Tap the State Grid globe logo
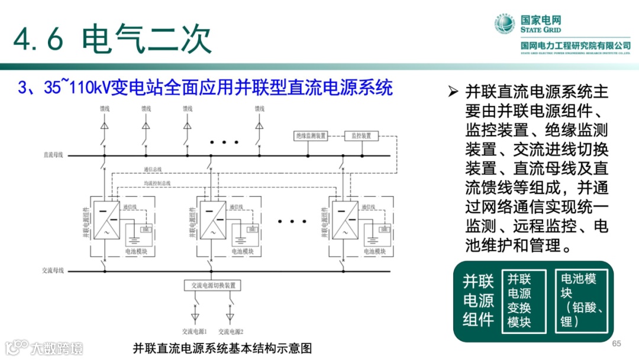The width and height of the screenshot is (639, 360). [x=505, y=25]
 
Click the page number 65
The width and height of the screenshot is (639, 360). [x=617, y=344]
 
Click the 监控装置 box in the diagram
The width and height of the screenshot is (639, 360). [x=361, y=136]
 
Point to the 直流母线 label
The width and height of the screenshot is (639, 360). [x=54, y=156]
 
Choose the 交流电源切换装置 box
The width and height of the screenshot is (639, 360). [x=213, y=285]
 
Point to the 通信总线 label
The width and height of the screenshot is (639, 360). [x=153, y=169]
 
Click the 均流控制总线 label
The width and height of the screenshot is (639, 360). [x=157, y=183]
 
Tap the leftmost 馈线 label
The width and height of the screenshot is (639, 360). [x=105, y=108]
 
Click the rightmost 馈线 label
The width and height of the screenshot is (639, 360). [x=259, y=108]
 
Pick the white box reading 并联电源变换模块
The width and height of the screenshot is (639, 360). [x=519, y=301]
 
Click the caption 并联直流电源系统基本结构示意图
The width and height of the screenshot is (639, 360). [x=222, y=348]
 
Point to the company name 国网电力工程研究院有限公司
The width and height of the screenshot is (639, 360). [x=575, y=46]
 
